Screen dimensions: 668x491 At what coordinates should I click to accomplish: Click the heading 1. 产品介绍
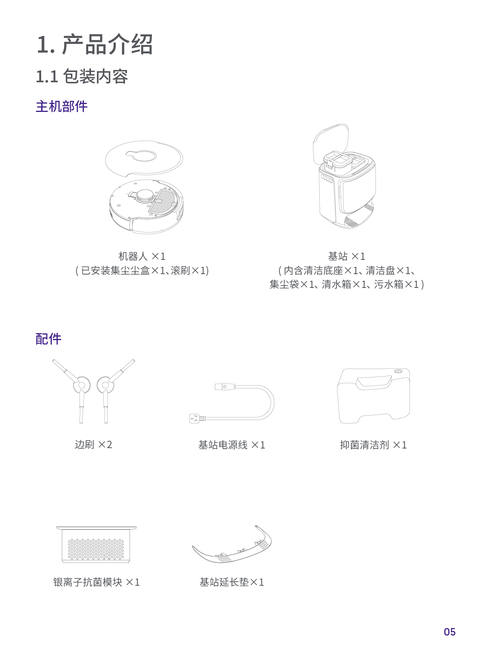(x=95, y=44)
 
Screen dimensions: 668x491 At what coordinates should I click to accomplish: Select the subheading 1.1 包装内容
(x=82, y=76)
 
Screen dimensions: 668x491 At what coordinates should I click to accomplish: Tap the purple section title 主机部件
(x=61, y=106)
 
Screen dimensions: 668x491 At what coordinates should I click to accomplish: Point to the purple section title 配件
(x=48, y=339)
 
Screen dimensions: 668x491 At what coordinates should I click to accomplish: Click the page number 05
(x=449, y=632)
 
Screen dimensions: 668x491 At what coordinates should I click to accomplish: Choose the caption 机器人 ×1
(x=142, y=256)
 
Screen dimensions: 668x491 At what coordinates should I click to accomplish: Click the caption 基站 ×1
(x=347, y=256)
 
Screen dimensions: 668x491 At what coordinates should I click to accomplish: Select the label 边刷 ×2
(x=93, y=445)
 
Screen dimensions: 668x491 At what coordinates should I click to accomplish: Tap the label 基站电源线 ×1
(x=231, y=445)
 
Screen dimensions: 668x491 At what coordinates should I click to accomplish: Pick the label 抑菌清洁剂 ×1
(x=373, y=445)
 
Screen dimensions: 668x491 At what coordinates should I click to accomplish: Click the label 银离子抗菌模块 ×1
(x=97, y=582)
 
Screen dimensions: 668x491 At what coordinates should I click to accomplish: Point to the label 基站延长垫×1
(x=231, y=582)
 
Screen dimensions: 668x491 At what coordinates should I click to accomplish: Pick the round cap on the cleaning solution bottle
(x=398, y=372)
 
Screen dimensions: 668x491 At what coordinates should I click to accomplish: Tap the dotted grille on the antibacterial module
(x=96, y=549)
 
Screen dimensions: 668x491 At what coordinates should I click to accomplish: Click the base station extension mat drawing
(x=233, y=548)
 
